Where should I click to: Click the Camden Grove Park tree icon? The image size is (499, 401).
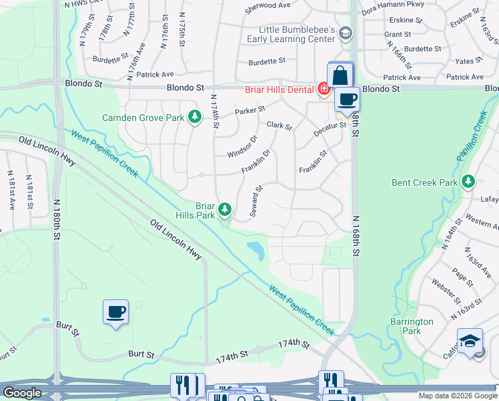pyautogui.click(x=194, y=118)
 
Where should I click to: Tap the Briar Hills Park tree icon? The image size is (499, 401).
pyautogui.click(x=225, y=211)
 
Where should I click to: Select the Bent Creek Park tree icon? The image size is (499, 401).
pyautogui.click(x=468, y=182)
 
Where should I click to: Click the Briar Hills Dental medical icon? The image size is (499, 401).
pyautogui.click(x=324, y=88)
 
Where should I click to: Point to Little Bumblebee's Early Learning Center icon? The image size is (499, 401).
pyautogui.click(x=345, y=33)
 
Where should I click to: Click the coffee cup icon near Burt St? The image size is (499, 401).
pyautogui.click(x=116, y=311)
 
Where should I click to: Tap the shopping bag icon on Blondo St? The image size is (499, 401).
pyautogui.click(x=340, y=75)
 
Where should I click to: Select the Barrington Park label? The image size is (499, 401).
pyautogui.click(x=412, y=326)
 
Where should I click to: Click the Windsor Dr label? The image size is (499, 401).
pyautogui.click(x=242, y=147)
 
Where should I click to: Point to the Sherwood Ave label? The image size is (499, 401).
pyautogui.click(x=268, y=5)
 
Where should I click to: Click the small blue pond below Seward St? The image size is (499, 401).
pyautogui.click(x=256, y=251)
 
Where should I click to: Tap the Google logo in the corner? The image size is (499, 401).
pyautogui.click(x=22, y=393)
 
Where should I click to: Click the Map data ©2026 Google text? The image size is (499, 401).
pyautogui.click(x=457, y=396)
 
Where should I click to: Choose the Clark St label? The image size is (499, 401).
pyautogui.click(x=279, y=125)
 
